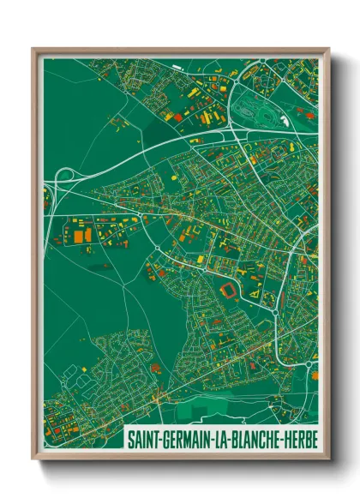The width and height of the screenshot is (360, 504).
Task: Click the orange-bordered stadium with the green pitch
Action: coord(229,291)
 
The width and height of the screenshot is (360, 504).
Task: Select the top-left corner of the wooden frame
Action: coord(33,50)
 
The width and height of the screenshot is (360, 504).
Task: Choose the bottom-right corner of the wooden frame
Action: coord(329,461)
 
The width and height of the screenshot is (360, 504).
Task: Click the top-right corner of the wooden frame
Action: coord(329,50)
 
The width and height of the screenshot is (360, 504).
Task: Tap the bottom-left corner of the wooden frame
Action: coord(33,461)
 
